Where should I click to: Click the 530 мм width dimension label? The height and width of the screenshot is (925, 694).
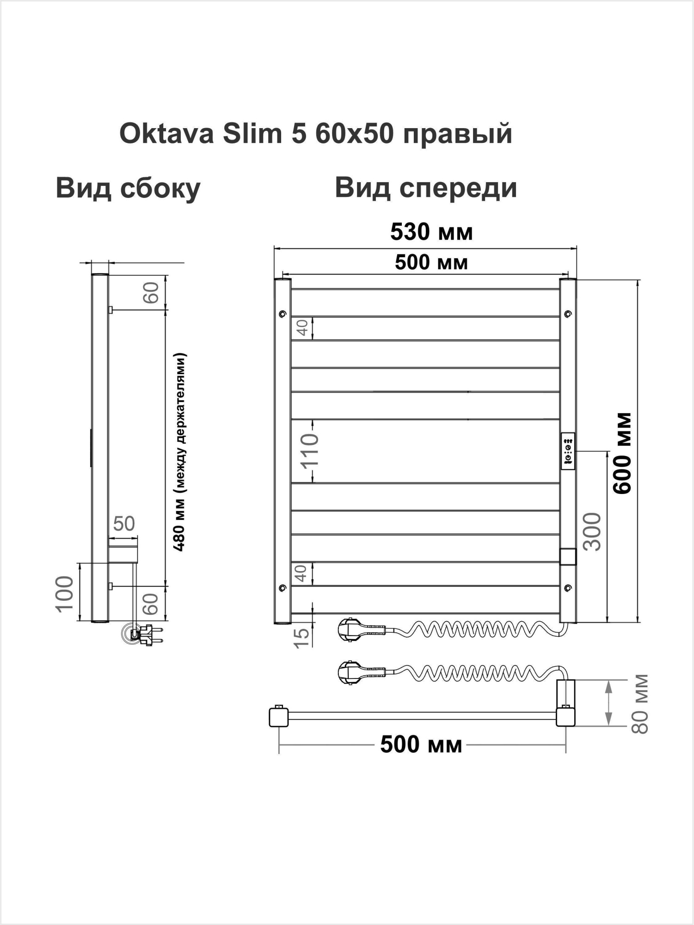[x=431, y=232]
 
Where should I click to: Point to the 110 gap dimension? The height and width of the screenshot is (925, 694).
[x=309, y=451]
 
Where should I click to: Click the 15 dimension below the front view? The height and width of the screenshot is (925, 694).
[x=301, y=638]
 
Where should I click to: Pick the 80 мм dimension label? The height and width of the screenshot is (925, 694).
[x=641, y=704]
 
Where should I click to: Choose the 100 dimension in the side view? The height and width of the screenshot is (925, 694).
[x=65, y=593]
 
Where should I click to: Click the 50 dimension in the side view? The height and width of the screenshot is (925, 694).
[x=124, y=524]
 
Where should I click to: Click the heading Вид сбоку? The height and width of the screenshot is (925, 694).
[x=128, y=189]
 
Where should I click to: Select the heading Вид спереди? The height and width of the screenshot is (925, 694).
[x=425, y=189]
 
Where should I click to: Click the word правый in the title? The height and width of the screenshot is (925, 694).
[x=458, y=134]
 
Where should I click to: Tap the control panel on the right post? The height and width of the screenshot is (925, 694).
[x=568, y=451]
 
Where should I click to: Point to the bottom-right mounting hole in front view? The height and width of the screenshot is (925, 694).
[x=568, y=588]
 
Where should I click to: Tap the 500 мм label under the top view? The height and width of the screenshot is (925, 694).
[x=421, y=745]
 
